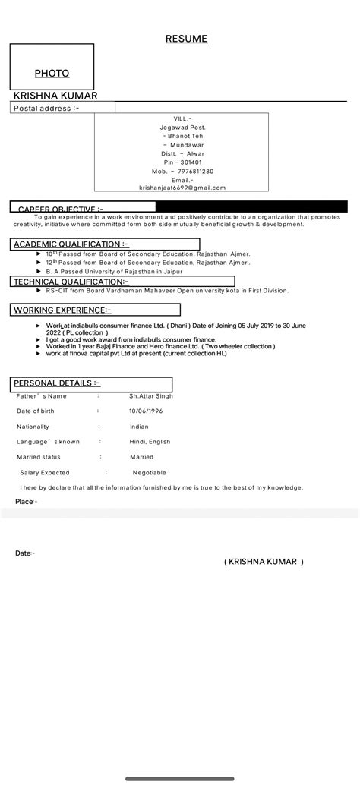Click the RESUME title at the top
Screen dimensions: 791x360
tap(186, 39)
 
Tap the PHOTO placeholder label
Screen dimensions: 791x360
tap(52, 74)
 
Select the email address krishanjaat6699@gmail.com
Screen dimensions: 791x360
tap(182, 188)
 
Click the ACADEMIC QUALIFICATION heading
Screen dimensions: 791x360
tap(71, 244)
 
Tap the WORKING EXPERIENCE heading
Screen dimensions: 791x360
tap(62, 310)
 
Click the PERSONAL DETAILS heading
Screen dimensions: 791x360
tap(57, 383)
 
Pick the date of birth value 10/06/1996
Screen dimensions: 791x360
tap(146, 411)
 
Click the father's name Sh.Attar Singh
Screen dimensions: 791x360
tap(151, 396)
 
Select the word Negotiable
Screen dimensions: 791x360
tap(149, 472)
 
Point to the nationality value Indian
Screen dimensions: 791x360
tap(139, 427)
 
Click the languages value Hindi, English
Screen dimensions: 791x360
tap(150, 442)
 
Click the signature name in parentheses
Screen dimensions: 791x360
tap(264, 562)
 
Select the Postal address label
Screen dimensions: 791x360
tap(46, 109)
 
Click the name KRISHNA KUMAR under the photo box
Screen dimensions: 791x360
tap(55, 96)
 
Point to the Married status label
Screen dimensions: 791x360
tap(39, 457)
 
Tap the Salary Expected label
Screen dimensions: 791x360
tap(45, 472)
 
